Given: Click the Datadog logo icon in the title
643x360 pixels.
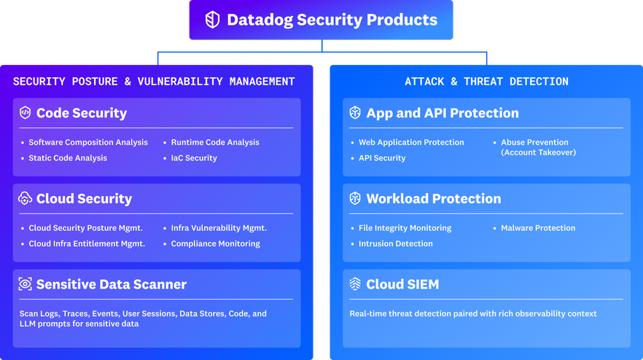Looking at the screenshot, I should (212, 20).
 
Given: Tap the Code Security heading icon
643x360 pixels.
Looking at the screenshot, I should (26, 113).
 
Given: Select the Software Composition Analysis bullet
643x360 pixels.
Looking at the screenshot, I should (88, 142).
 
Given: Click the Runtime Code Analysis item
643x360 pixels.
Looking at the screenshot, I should (215, 142).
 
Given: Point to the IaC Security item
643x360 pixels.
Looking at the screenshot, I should (194, 157).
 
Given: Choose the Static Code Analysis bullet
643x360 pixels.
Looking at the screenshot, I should (68, 157).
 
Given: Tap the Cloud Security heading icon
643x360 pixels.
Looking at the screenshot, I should (26, 198).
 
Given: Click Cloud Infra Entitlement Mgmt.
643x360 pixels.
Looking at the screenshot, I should (87, 243).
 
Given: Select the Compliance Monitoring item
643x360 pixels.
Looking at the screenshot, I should (215, 243).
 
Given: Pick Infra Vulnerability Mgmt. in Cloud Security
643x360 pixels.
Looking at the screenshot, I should (219, 228).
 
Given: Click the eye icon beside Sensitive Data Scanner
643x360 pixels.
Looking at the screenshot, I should (26, 284).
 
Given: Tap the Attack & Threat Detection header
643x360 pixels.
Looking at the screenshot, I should (486, 82).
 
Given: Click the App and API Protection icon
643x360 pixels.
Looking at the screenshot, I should (355, 113).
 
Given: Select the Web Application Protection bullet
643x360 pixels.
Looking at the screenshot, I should (411, 142).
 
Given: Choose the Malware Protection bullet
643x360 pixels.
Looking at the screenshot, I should (538, 228).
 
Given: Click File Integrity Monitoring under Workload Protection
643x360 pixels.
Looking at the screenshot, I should (405, 228).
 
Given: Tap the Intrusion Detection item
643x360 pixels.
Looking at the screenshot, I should (396, 243).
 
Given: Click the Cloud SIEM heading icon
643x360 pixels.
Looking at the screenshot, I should (355, 284).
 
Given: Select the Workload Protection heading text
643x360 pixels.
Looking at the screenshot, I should (433, 198).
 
